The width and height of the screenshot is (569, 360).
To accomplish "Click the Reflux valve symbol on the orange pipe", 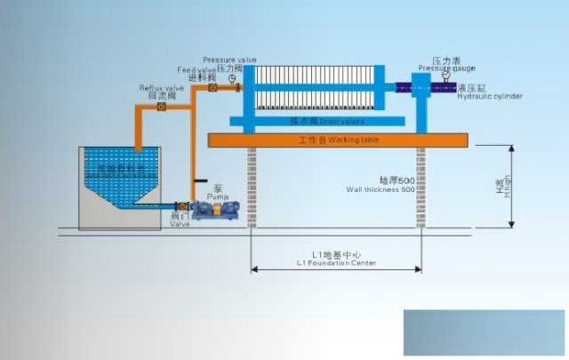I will point(161,107).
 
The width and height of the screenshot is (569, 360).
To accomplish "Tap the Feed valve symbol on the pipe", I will point(212,88).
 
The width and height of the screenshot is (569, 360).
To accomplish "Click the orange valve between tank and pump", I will point(183,206).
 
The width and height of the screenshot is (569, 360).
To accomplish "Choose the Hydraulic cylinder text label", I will point(489,96).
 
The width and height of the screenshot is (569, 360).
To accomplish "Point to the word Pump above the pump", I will point(218,196).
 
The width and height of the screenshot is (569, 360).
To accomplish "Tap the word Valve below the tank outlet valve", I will point(180,224).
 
